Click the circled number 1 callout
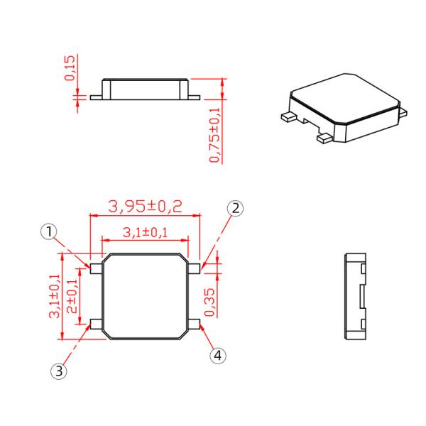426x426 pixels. click(48, 231)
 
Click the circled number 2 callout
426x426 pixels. click(236, 208)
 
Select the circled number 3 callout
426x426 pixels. click(60, 370)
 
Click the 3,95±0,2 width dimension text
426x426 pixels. click(145, 206)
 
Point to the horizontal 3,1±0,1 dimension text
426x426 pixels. click(145, 232)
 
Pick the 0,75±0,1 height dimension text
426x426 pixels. click(214, 132)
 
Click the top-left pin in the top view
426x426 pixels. click(94, 266)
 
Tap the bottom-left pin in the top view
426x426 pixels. click(94, 324)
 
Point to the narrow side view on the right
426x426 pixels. click(354, 294)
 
